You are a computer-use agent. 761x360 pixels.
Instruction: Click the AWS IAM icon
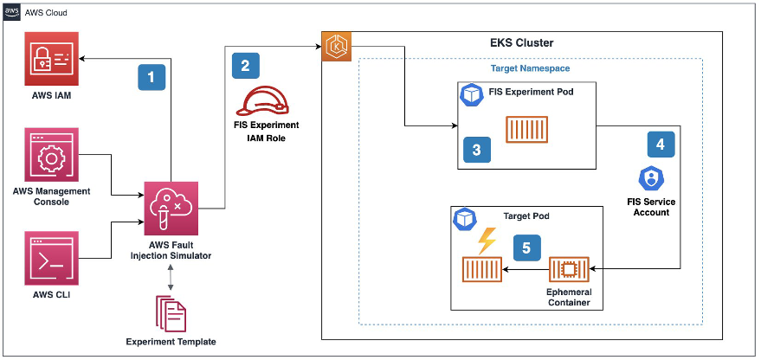tap(52, 58)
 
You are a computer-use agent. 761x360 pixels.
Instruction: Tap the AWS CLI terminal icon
tap(52, 256)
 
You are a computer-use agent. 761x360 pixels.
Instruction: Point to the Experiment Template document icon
tap(171, 312)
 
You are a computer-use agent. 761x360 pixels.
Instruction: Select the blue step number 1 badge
tap(152, 77)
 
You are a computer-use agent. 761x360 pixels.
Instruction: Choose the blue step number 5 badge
tap(525, 247)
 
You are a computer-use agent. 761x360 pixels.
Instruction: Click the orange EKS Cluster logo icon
tap(335, 45)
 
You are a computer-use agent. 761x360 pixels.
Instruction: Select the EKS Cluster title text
tap(515, 42)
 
